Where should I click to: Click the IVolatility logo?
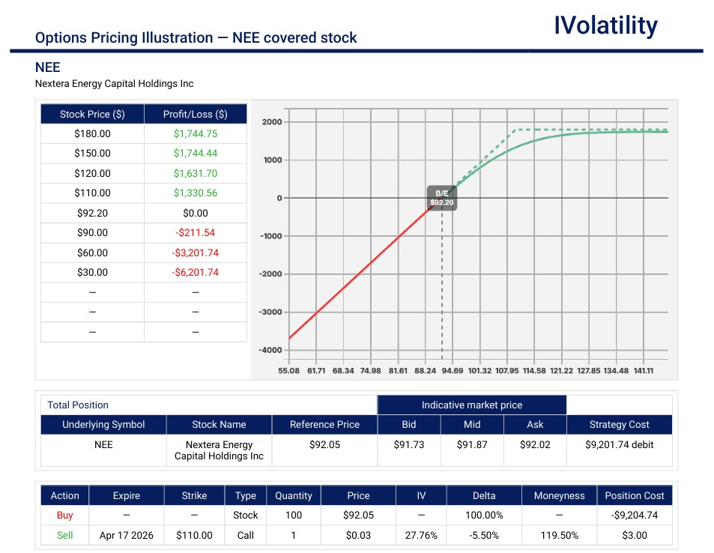click(605, 25)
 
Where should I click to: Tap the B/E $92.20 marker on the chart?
click(441, 198)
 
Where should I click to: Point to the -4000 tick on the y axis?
click(270, 350)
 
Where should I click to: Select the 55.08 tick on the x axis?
click(288, 370)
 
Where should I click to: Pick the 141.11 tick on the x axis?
click(644, 370)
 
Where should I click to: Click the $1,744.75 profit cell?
click(195, 133)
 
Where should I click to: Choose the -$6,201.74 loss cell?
click(195, 272)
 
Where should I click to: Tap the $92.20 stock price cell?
click(92, 213)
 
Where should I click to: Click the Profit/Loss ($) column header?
click(195, 114)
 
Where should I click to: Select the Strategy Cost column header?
click(618, 424)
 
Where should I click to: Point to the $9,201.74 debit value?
click(619, 444)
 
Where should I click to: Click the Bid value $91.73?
click(408, 444)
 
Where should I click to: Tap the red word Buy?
click(64, 515)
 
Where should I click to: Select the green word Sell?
click(64, 535)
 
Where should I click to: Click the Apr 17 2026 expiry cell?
click(126, 535)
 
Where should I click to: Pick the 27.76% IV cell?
click(421, 535)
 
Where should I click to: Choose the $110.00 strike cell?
click(194, 535)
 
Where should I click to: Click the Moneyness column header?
click(559, 495)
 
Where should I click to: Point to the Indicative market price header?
click(471, 405)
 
